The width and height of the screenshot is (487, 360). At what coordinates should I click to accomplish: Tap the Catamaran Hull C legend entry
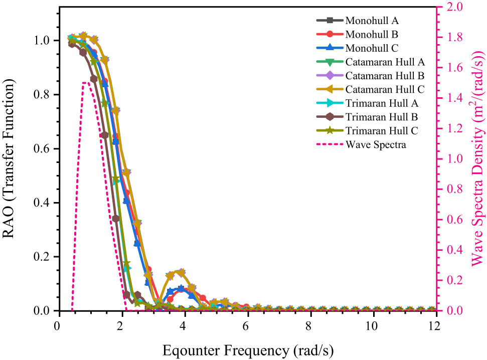tap(385, 89)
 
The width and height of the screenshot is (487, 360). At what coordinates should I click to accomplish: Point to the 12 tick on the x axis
tap(434, 325)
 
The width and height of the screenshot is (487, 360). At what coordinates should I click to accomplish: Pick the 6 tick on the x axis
tap(246, 325)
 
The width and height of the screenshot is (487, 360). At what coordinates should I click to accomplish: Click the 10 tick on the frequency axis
tap(372, 325)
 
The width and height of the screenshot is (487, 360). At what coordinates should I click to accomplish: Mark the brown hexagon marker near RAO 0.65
tap(104, 135)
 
